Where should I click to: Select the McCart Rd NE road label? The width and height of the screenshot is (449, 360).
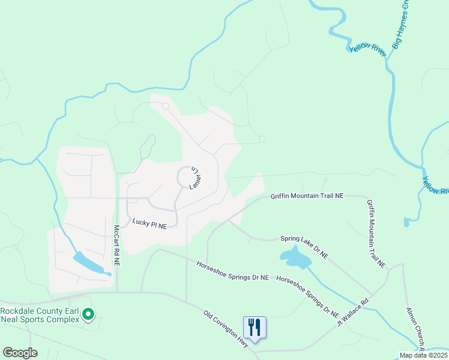pyautogui.click(x=117, y=246)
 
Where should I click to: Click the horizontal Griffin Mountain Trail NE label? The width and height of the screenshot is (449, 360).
pyautogui.click(x=307, y=196)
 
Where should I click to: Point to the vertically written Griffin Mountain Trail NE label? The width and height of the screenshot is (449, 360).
pyautogui.click(x=375, y=234)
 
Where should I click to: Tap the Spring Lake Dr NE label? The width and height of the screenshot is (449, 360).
pyautogui.click(x=305, y=247)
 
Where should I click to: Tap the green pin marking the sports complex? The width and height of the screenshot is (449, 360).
pyautogui.click(x=88, y=314)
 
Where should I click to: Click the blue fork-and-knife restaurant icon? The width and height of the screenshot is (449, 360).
pyautogui.click(x=255, y=328)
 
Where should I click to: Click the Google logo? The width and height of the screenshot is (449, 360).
pyautogui.click(x=20, y=353)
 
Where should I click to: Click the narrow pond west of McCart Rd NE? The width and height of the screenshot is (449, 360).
pyautogui.click(x=90, y=264)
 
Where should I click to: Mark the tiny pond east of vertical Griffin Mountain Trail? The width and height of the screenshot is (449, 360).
pyautogui.click(x=407, y=223)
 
